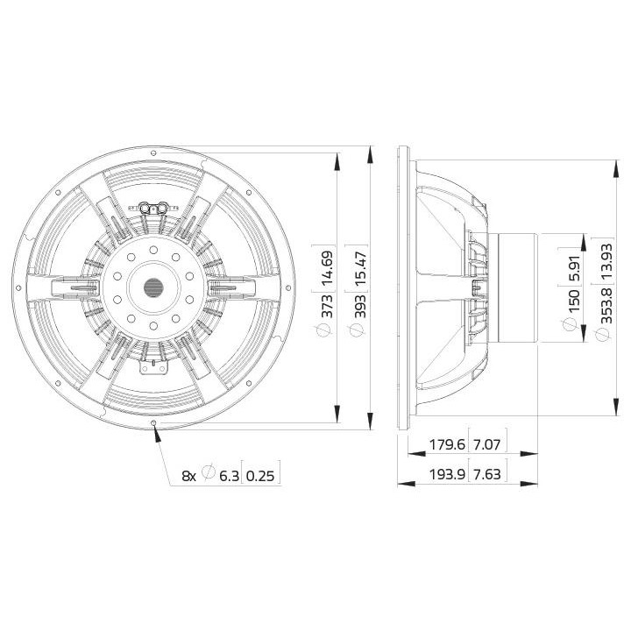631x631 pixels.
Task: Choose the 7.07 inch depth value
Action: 488,445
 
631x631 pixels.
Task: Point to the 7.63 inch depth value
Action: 488,474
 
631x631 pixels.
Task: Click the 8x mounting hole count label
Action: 188,475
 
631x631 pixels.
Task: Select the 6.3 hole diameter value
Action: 229,475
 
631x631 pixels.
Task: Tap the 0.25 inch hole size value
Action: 261,475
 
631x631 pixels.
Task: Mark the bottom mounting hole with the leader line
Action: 155,424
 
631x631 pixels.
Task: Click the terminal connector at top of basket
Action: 154,208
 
